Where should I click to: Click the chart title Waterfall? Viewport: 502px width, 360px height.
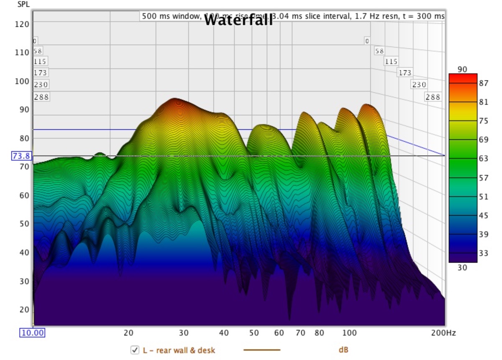tap(238, 20)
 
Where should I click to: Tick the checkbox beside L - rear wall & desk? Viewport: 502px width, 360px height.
tap(135, 350)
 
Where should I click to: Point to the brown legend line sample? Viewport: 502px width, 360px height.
tap(262, 350)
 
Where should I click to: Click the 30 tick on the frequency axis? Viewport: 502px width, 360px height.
tap(183, 333)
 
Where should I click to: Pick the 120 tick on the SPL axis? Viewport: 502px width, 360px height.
tap(24, 24)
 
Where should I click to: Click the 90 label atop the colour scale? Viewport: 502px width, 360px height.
tap(462, 69)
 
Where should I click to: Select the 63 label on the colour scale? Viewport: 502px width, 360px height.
tap(484, 158)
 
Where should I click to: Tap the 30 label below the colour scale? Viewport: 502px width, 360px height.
tap(462, 268)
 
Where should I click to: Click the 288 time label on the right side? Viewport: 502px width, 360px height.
tap(433, 97)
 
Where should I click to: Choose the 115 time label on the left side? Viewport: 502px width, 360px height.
tap(41, 61)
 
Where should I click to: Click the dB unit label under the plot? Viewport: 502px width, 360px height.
tap(343, 350)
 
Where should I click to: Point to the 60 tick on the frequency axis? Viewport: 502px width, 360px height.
tap(279, 333)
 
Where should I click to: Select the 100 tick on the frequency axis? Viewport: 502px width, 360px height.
tap(349, 333)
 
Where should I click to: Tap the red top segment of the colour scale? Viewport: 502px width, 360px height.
tap(463, 78)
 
